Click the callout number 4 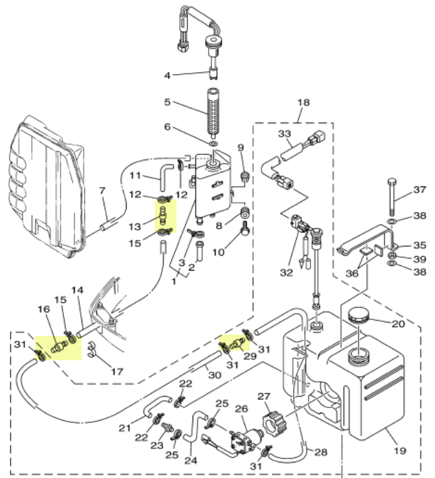[x=167, y=75]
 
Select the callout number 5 [x=167, y=102]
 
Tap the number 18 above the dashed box [x=303, y=102]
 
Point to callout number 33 [x=284, y=133]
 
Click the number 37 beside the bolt [x=420, y=190]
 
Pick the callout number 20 [x=398, y=323]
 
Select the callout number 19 [x=399, y=450]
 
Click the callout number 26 [x=242, y=409]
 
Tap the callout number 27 [x=264, y=396]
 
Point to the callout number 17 [x=117, y=372]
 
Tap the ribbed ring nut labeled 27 [x=274, y=423]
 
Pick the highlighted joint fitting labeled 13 [x=163, y=215]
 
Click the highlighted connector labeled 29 [x=237, y=343]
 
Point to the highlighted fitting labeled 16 [x=59, y=347]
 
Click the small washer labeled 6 [x=214, y=143]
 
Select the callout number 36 [x=352, y=273]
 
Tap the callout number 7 [x=102, y=191]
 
